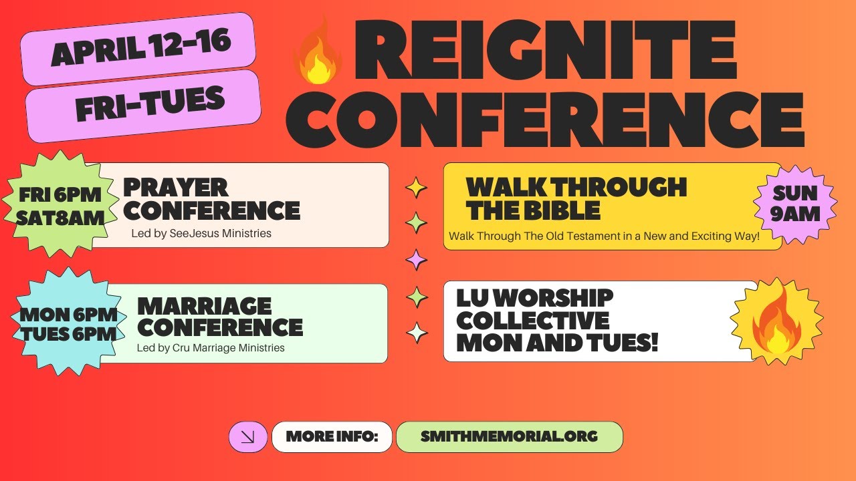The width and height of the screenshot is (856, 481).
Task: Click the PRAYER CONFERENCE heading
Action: (x=211, y=198)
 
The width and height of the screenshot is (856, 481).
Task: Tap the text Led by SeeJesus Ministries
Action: (x=201, y=234)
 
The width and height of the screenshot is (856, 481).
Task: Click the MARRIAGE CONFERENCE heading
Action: (x=219, y=317)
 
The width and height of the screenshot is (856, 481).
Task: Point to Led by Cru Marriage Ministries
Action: (x=211, y=347)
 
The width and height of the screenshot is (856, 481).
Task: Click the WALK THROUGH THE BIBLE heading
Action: (x=576, y=198)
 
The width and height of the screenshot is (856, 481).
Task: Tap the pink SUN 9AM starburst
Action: (x=795, y=203)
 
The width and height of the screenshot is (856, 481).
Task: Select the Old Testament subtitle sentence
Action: (x=604, y=236)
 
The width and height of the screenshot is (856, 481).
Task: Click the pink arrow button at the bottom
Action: (x=248, y=437)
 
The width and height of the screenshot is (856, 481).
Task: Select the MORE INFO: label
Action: (x=332, y=437)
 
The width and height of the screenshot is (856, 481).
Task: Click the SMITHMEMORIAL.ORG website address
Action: (x=509, y=437)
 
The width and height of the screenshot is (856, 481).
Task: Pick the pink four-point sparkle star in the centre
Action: (x=417, y=259)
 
